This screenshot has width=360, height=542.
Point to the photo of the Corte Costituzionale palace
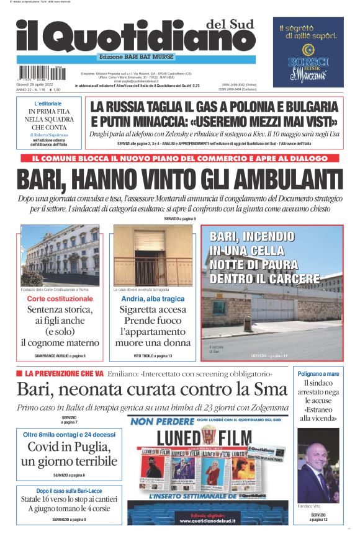click(x=60, y=254)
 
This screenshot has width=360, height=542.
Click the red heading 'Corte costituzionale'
click(x=60, y=298)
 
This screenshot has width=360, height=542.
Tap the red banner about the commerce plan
click(x=180, y=158)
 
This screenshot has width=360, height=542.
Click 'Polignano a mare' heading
click(x=318, y=374)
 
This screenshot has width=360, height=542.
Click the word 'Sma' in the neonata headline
click(x=271, y=390)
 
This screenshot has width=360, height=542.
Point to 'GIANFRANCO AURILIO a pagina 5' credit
click(x=60, y=355)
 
